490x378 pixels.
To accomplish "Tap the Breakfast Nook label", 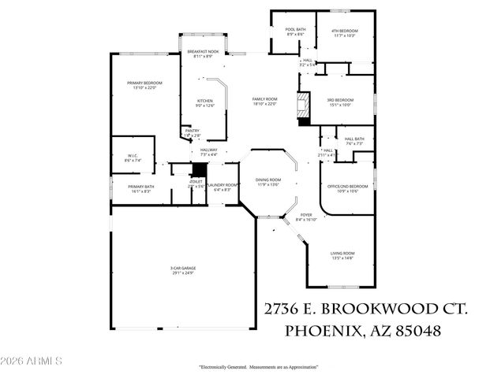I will [x=203, y=53].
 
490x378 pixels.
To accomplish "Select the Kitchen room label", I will [x=204, y=101].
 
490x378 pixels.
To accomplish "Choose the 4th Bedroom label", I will [x=345, y=30].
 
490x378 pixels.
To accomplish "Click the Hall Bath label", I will [x=353, y=139].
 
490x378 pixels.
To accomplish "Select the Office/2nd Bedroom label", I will [x=353, y=187].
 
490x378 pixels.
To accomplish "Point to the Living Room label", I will [x=342, y=253].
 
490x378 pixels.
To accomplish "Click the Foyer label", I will [x=305, y=216].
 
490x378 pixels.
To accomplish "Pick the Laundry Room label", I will [x=222, y=186].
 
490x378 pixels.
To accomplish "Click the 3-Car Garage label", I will [x=182, y=269].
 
